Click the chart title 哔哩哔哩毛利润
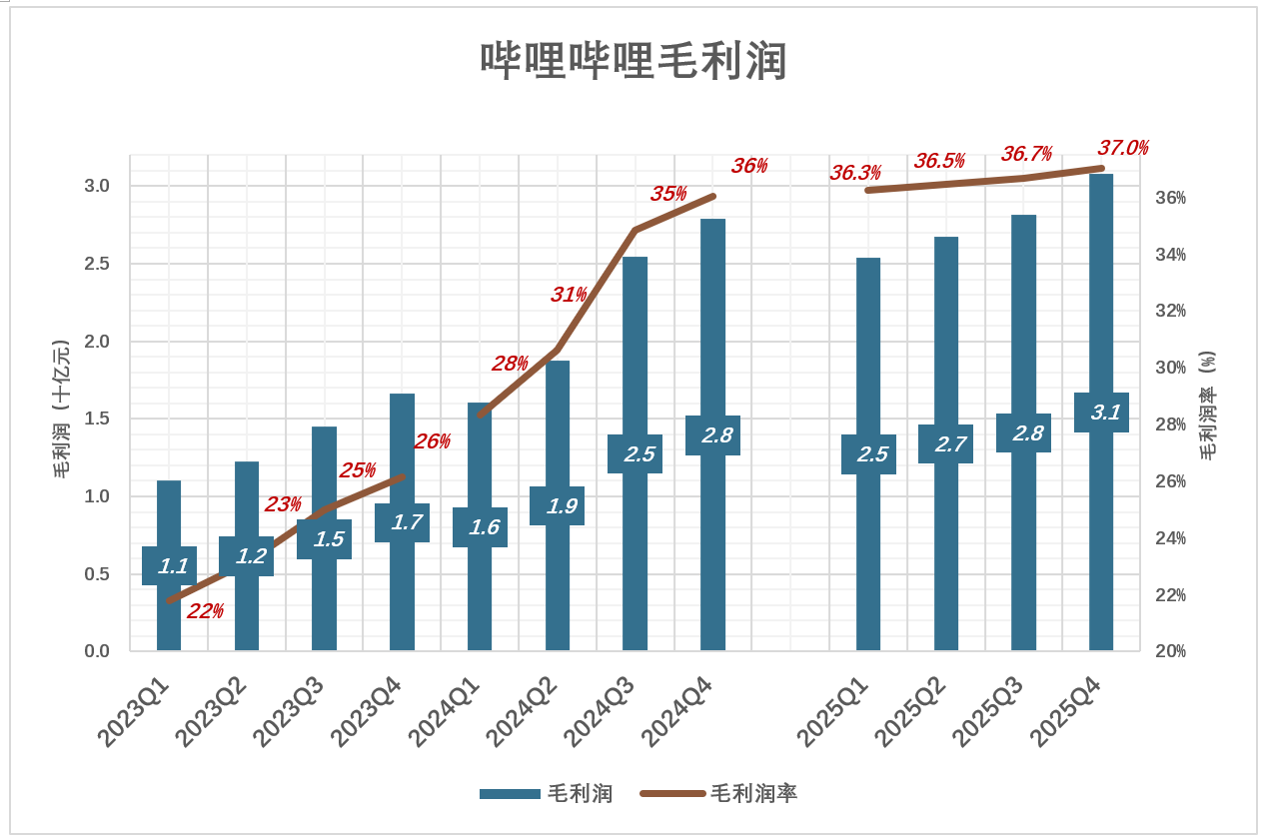click(x=634, y=62)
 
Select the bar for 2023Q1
click(x=169, y=619)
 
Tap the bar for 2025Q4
click(x=1101, y=300)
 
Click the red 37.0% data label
click(x=1123, y=149)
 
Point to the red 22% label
click(x=205, y=611)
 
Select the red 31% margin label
click(x=569, y=295)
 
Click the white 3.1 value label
click(x=1102, y=413)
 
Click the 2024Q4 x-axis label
click(x=677, y=712)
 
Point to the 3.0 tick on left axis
click(x=96, y=187)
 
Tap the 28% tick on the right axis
click(x=1170, y=424)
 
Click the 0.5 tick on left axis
click(x=96, y=574)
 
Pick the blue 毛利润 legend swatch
click(x=510, y=794)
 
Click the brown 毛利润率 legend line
click(x=672, y=794)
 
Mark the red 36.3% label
click(x=855, y=173)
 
